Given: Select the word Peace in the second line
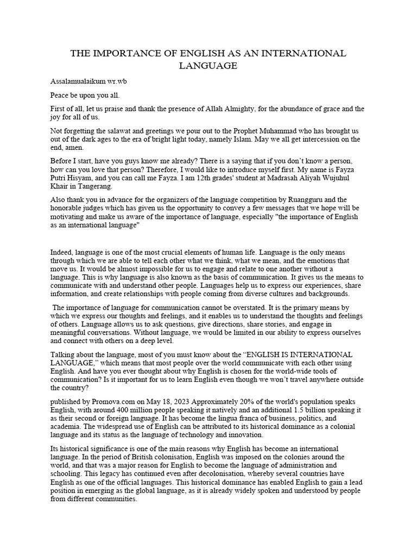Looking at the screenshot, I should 60,95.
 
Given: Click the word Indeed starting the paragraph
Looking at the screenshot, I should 61,253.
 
